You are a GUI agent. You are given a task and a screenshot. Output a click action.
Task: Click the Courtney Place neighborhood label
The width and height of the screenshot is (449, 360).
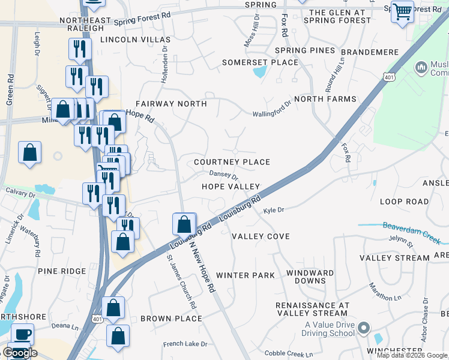232,162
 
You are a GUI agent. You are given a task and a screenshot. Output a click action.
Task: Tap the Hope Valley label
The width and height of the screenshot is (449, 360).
231,187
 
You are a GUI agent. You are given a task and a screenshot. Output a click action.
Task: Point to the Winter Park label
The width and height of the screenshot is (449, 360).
245,275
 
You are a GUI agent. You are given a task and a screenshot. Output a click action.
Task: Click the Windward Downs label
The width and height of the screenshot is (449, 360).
310,277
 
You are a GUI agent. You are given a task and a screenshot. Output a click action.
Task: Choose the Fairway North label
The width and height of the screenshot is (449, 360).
171,104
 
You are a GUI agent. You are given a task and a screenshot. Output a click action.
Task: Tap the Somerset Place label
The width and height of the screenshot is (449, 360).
260,62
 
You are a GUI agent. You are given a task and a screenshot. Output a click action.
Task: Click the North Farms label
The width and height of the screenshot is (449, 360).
325,99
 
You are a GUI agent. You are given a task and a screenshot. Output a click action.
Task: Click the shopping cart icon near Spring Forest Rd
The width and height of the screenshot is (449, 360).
402,11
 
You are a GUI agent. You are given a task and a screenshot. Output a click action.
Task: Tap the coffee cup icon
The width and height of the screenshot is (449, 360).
23,334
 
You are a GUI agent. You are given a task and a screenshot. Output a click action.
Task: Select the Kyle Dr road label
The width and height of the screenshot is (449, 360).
273,211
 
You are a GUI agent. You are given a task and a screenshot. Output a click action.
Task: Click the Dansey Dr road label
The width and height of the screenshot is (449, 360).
223,175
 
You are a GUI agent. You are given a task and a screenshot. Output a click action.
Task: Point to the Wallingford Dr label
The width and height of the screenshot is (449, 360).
271,109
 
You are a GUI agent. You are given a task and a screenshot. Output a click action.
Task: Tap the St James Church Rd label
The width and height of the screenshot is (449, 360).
181,283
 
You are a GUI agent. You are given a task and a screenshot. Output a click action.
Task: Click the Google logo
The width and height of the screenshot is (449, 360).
20,353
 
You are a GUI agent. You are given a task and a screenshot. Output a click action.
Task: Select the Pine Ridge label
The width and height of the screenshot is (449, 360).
62,271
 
